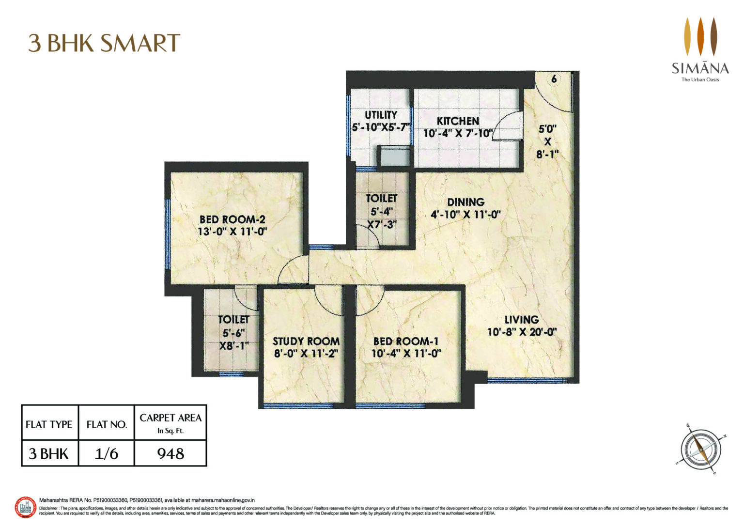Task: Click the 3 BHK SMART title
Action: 104,43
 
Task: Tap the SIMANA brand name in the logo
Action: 700,68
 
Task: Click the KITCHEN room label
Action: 458,121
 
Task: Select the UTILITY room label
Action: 381,115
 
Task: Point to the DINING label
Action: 465,202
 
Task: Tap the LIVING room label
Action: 522,320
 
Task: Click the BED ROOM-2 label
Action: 232,219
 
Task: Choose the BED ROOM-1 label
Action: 406,341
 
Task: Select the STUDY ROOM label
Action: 306,341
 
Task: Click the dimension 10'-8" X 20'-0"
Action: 522,332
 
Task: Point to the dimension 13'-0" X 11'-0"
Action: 232,232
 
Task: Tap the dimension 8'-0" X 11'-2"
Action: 306,354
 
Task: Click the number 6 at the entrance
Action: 554,78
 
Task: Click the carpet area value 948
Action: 170,454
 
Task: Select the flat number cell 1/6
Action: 107,454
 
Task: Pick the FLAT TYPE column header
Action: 49,424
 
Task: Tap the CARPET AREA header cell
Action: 170,422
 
